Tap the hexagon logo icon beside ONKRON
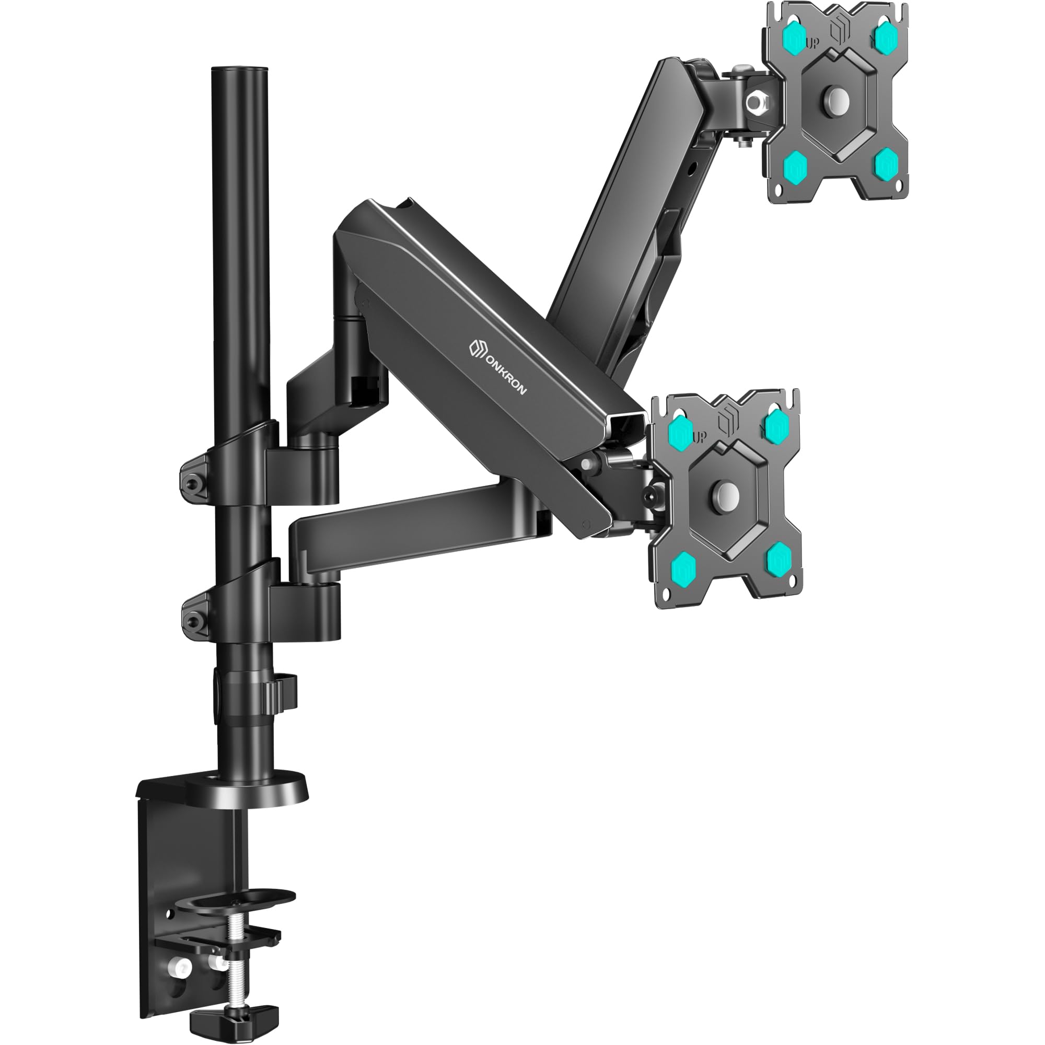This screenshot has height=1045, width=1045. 474,346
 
